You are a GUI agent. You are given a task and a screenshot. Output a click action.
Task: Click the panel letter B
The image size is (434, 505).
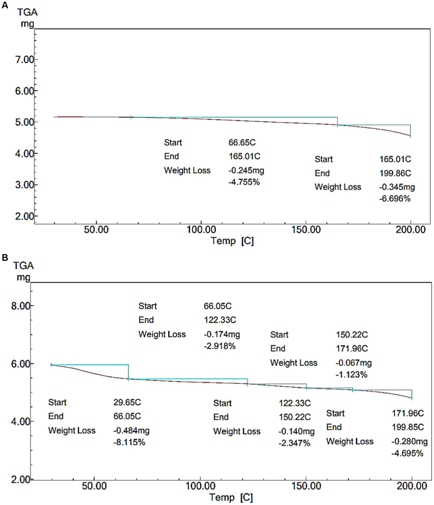5,257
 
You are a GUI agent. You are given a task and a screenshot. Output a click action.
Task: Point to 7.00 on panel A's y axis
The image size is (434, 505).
24,60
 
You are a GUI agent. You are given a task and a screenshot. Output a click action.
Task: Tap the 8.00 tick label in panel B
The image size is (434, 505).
20,306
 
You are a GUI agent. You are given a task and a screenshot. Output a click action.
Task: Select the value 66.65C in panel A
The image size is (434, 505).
242,142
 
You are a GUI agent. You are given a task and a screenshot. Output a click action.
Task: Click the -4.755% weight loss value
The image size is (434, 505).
244,182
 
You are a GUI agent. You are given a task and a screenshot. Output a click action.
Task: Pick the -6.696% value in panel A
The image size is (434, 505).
394,199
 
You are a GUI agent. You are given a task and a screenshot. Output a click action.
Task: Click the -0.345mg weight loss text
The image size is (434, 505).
397,187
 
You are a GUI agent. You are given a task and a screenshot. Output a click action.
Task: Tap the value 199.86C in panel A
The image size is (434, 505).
395,173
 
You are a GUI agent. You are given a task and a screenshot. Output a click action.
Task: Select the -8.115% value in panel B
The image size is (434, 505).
129,442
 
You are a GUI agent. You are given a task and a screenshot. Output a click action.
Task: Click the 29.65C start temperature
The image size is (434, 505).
127,402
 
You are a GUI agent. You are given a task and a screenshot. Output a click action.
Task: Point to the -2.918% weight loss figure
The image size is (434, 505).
219,346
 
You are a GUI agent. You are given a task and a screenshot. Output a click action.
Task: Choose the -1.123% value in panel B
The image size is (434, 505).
351,375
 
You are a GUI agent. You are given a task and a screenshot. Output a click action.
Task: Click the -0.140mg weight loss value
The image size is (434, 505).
296,431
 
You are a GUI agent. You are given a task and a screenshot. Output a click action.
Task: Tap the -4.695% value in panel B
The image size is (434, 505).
407,454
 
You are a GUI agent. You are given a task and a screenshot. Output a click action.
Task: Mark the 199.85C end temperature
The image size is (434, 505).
407,427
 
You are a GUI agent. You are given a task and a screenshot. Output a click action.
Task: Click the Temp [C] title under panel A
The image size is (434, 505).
232,241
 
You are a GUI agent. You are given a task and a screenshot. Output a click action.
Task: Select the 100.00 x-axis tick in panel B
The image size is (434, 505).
200,486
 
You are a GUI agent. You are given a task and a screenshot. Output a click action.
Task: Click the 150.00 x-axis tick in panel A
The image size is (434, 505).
306,229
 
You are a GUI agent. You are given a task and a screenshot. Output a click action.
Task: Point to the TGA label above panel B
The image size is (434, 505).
23,266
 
